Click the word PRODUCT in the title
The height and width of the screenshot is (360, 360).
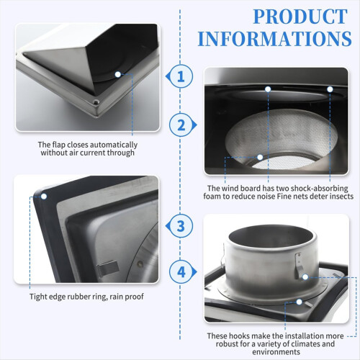pyautogui.click(x=300, y=17)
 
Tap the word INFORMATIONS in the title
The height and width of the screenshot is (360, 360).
pyautogui.click(x=274, y=38)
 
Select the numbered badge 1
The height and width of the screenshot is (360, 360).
pyautogui.click(x=181, y=76)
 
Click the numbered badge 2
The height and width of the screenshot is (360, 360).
pyautogui.click(x=182, y=125)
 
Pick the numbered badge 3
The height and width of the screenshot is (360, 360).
pyautogui.click(x=181, y=226)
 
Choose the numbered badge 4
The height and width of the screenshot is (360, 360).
pyautogui.click(x=182, y=272)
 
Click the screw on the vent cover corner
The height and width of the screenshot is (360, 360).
pyautogui.click(x=96, y=102)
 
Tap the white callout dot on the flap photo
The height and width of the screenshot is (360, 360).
pyautogui.click(x=117, y=74)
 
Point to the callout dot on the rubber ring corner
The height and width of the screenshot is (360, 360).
pyautogui.click(x=44, y=197)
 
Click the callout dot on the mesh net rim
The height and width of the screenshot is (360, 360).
pyautogui.click(x=260, y=157)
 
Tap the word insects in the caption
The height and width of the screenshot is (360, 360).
pyautogui.click(x=341, y=197)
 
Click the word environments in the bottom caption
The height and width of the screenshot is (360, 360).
pyautogui.click(x=276, y=352)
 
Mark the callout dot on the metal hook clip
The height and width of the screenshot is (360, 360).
pyautogui.click(x=305, y=277)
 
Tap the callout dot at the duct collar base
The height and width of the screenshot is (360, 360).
pyautogui.click(x=299, y=302)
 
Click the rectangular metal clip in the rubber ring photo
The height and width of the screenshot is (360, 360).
pyautogui.click(x=108, y=269)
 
